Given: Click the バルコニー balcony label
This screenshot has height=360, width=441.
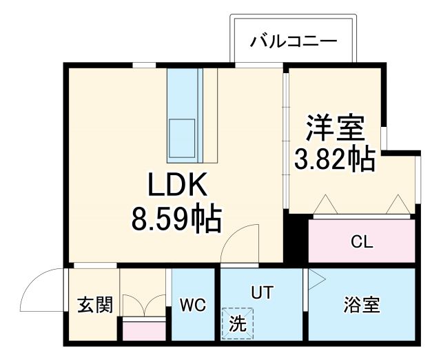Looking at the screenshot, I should tap(294, 41).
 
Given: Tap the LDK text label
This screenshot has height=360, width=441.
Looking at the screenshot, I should tap(175, 186).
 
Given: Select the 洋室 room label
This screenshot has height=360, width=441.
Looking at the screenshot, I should tap(335, 128).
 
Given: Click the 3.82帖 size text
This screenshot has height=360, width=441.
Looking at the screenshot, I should tap(335, 159).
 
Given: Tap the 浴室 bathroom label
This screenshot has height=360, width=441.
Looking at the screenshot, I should tap(361, 304).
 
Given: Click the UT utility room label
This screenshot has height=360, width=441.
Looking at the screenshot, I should tap(261, 292).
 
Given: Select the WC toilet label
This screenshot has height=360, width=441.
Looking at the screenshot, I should tap(193, 305).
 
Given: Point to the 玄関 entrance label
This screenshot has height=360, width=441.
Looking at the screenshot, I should tap(94, 305).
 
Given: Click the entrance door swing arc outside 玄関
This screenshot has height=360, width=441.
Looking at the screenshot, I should tap(43, 290).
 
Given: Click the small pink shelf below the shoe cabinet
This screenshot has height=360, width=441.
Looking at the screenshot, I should tap(144, 330).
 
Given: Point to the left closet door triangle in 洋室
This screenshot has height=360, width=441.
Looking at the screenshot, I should tap(324, 205).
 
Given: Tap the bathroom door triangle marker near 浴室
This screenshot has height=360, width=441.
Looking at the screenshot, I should tap(315, 279).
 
